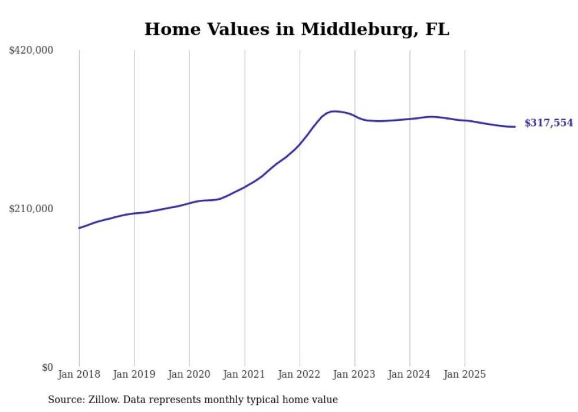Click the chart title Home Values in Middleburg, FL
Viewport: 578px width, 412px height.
(x=297, y=29)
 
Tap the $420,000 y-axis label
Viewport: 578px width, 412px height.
(x=31, y=51)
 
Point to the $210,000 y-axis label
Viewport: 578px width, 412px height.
(x=31, y=209)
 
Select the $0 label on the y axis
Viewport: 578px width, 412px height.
(x=47, y=367)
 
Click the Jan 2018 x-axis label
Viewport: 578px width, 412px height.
(x=79, y=374)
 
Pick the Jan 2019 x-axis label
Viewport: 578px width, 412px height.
(x=134, y=374)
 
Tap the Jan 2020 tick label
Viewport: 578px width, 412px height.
(x=189, y=374)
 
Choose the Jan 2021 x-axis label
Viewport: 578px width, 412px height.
(x=244, y=374)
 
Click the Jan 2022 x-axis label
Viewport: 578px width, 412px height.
(x=300, y=374)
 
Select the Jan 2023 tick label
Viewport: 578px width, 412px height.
(x=354, y=374)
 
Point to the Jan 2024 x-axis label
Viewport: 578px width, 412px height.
(x=410, y=374)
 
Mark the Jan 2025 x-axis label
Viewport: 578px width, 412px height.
(x=465, y=374)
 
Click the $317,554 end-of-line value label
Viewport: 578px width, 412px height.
(x=549, y=123)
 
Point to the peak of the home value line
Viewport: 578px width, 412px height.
(x=334, y=111)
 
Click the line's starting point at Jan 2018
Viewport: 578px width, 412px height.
(x=79, y=228)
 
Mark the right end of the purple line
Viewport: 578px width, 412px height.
(x=515, y=127)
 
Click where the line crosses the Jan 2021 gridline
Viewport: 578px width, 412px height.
(x=244, y=187)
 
